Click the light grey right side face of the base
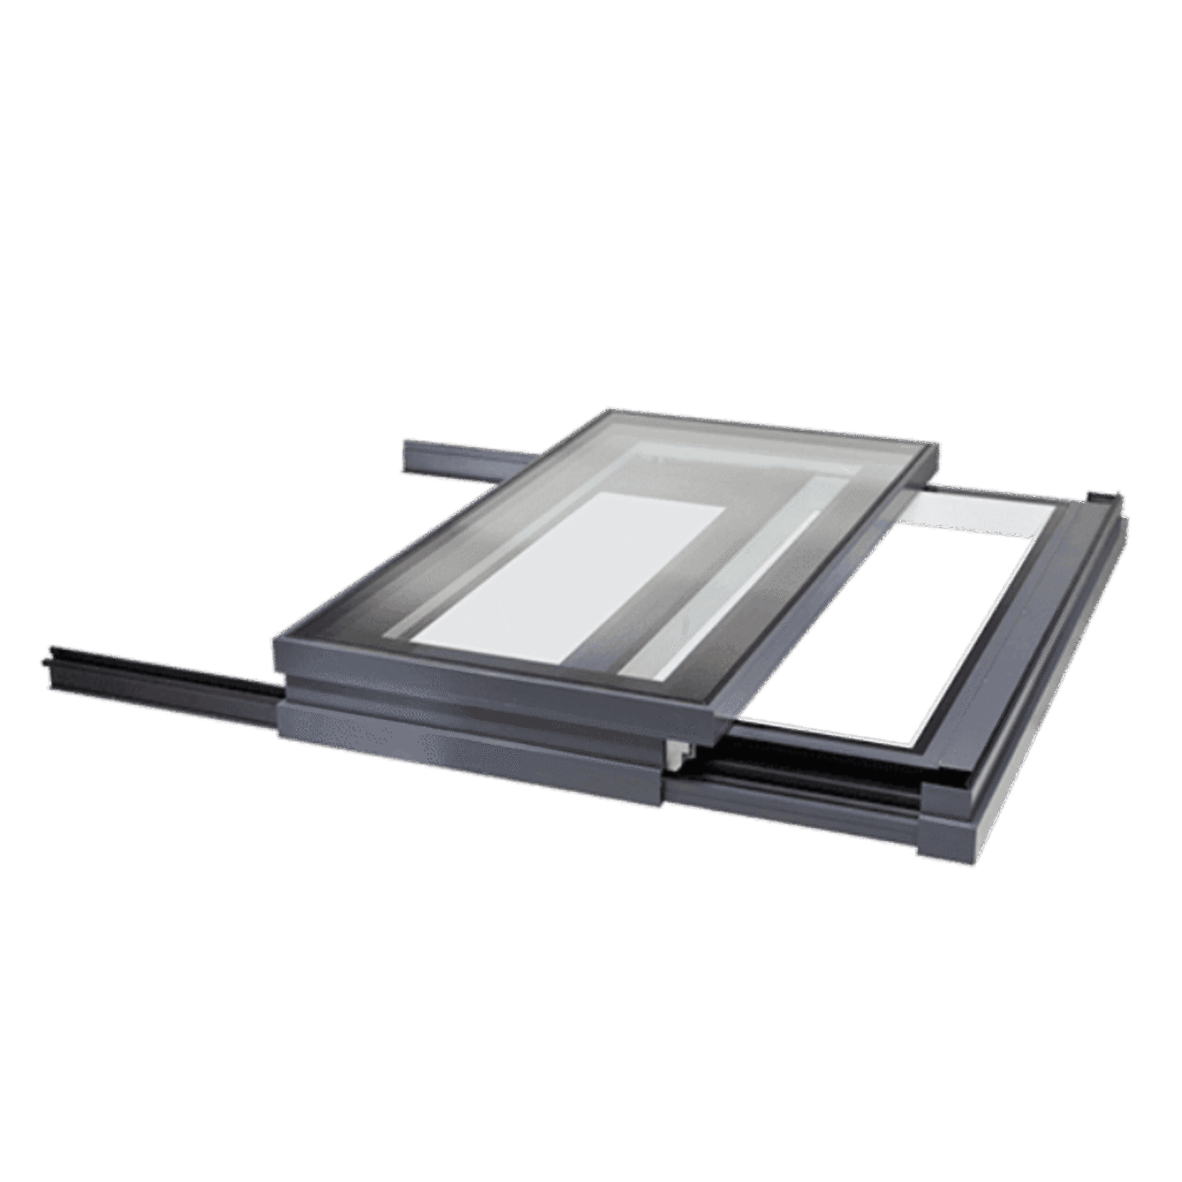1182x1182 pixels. pos(1047,690)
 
